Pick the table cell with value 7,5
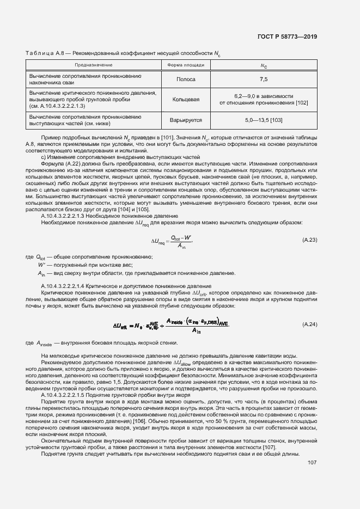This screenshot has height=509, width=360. (264, 79)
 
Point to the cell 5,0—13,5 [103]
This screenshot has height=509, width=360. (264, 120)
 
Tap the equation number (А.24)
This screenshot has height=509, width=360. (309, 324)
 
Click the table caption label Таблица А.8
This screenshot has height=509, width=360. (40, 53)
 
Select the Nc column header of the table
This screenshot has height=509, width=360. (264, 65)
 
